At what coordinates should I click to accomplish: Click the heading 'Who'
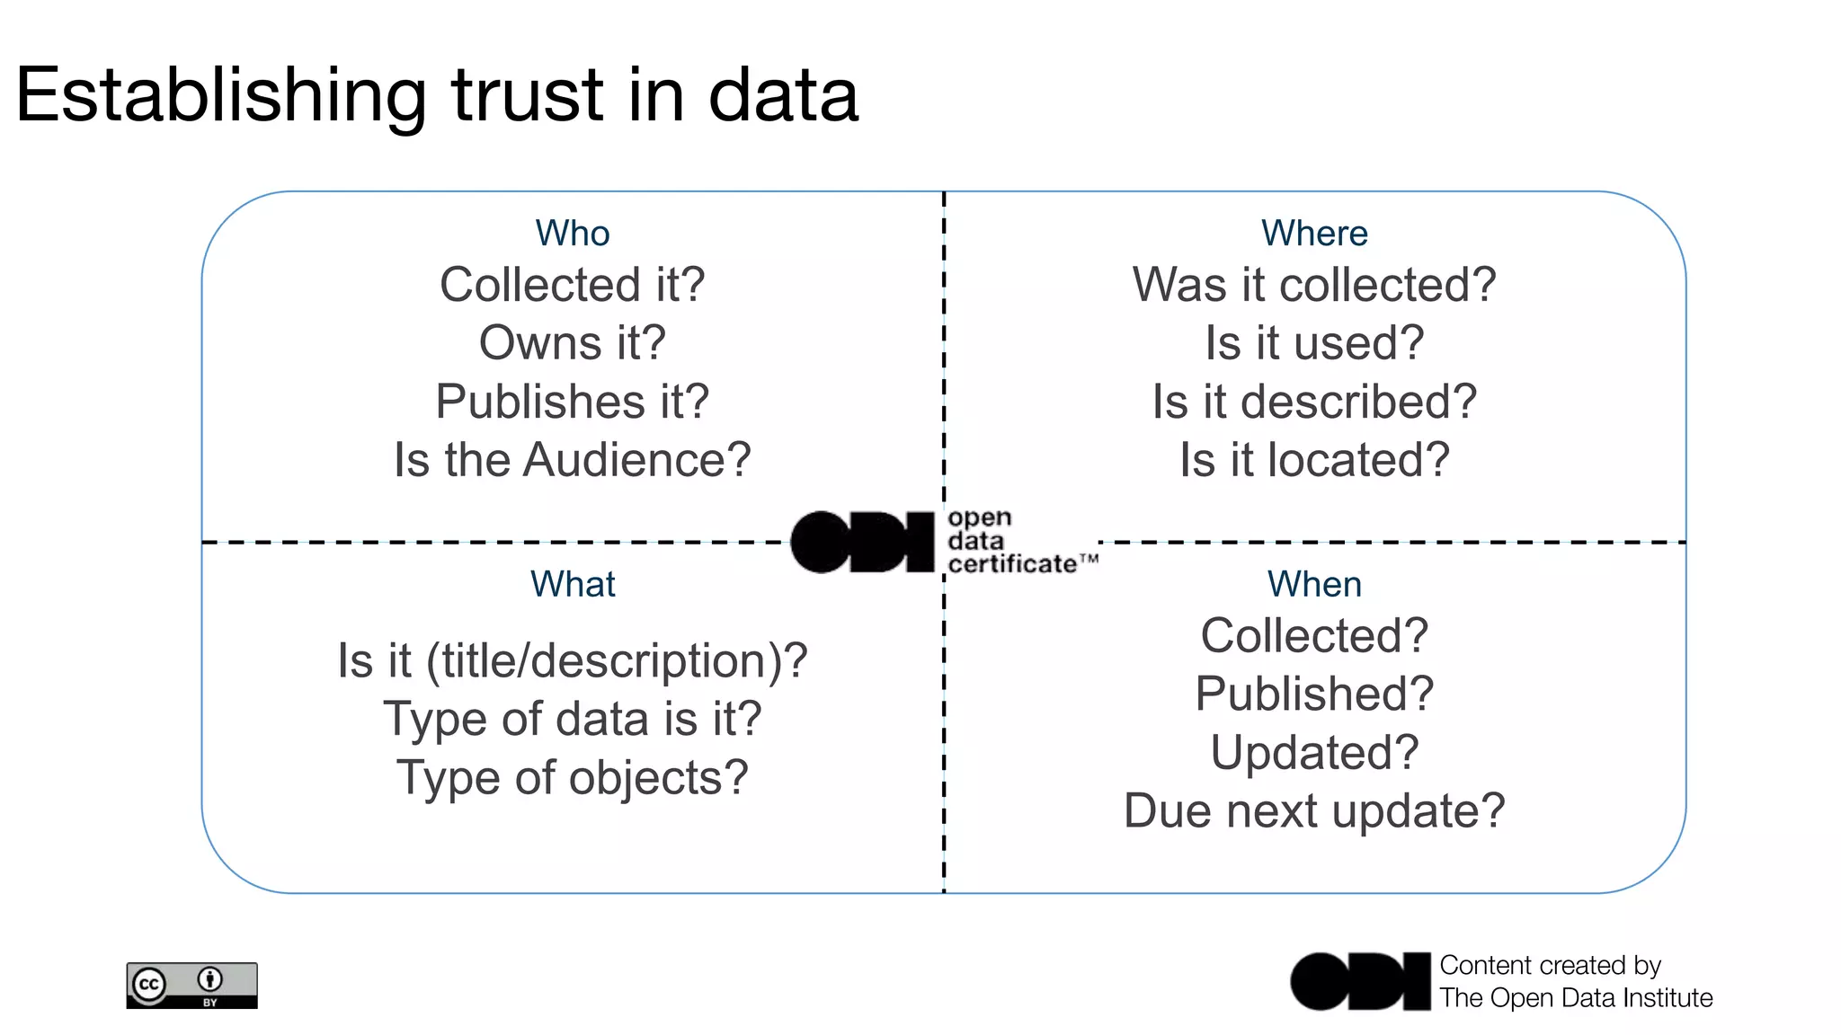click(x=573, y=234)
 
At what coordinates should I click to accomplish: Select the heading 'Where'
click(x=1314, y=234)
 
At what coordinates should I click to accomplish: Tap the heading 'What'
click(x=573, y=585)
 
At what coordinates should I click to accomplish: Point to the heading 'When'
click(x=1314, y=585)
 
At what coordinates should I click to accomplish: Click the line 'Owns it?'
click(x=573, y=343)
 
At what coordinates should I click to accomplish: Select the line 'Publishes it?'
click(x=573, y=402)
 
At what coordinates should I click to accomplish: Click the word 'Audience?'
click(x=637, y=460)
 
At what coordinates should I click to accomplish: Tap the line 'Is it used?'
click(x=1314, y=343)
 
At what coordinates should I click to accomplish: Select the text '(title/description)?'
click(x=617, y=661)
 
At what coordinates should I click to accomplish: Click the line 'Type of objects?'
click(x=573, y=778)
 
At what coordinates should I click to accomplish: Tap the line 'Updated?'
click(x=1314, y=753)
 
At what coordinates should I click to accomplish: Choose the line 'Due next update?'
click(x=1314, y=811)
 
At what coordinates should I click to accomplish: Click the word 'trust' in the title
click(x=527, y=95)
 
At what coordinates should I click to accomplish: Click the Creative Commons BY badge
click(x=191, y=986)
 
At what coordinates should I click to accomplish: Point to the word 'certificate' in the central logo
click(x=1012, y=564)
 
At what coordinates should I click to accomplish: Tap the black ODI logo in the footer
click(x=1359, y=981)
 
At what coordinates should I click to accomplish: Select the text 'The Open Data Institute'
click(x=1576, y=998)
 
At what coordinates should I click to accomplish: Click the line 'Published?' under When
click(x=1314, y=694)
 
